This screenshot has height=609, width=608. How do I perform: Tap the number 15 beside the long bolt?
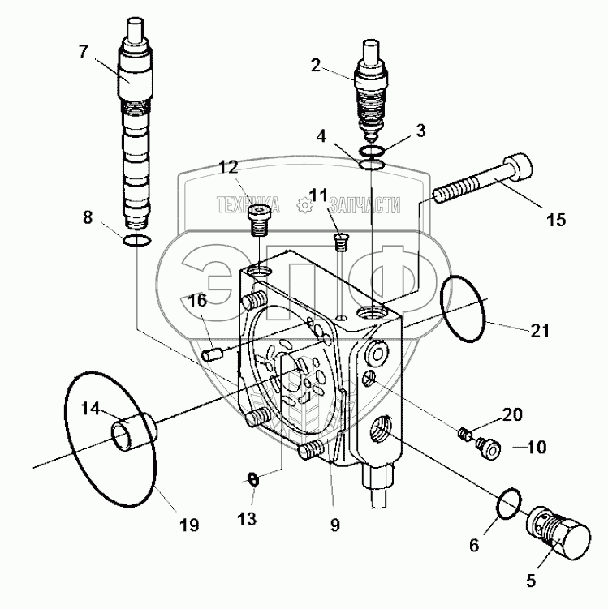point(557,219)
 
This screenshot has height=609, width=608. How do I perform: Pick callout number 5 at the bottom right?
point(531,580)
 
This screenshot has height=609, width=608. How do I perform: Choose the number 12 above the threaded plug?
point(228,167)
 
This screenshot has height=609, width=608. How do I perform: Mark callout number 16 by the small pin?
point(197,302)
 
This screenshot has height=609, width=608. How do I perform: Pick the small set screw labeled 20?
point(465,433)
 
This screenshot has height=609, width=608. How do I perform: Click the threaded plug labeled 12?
point(258,218)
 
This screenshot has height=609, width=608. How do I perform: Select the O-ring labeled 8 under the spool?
point(136,240)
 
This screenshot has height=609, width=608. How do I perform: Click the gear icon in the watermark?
point(305,206)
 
